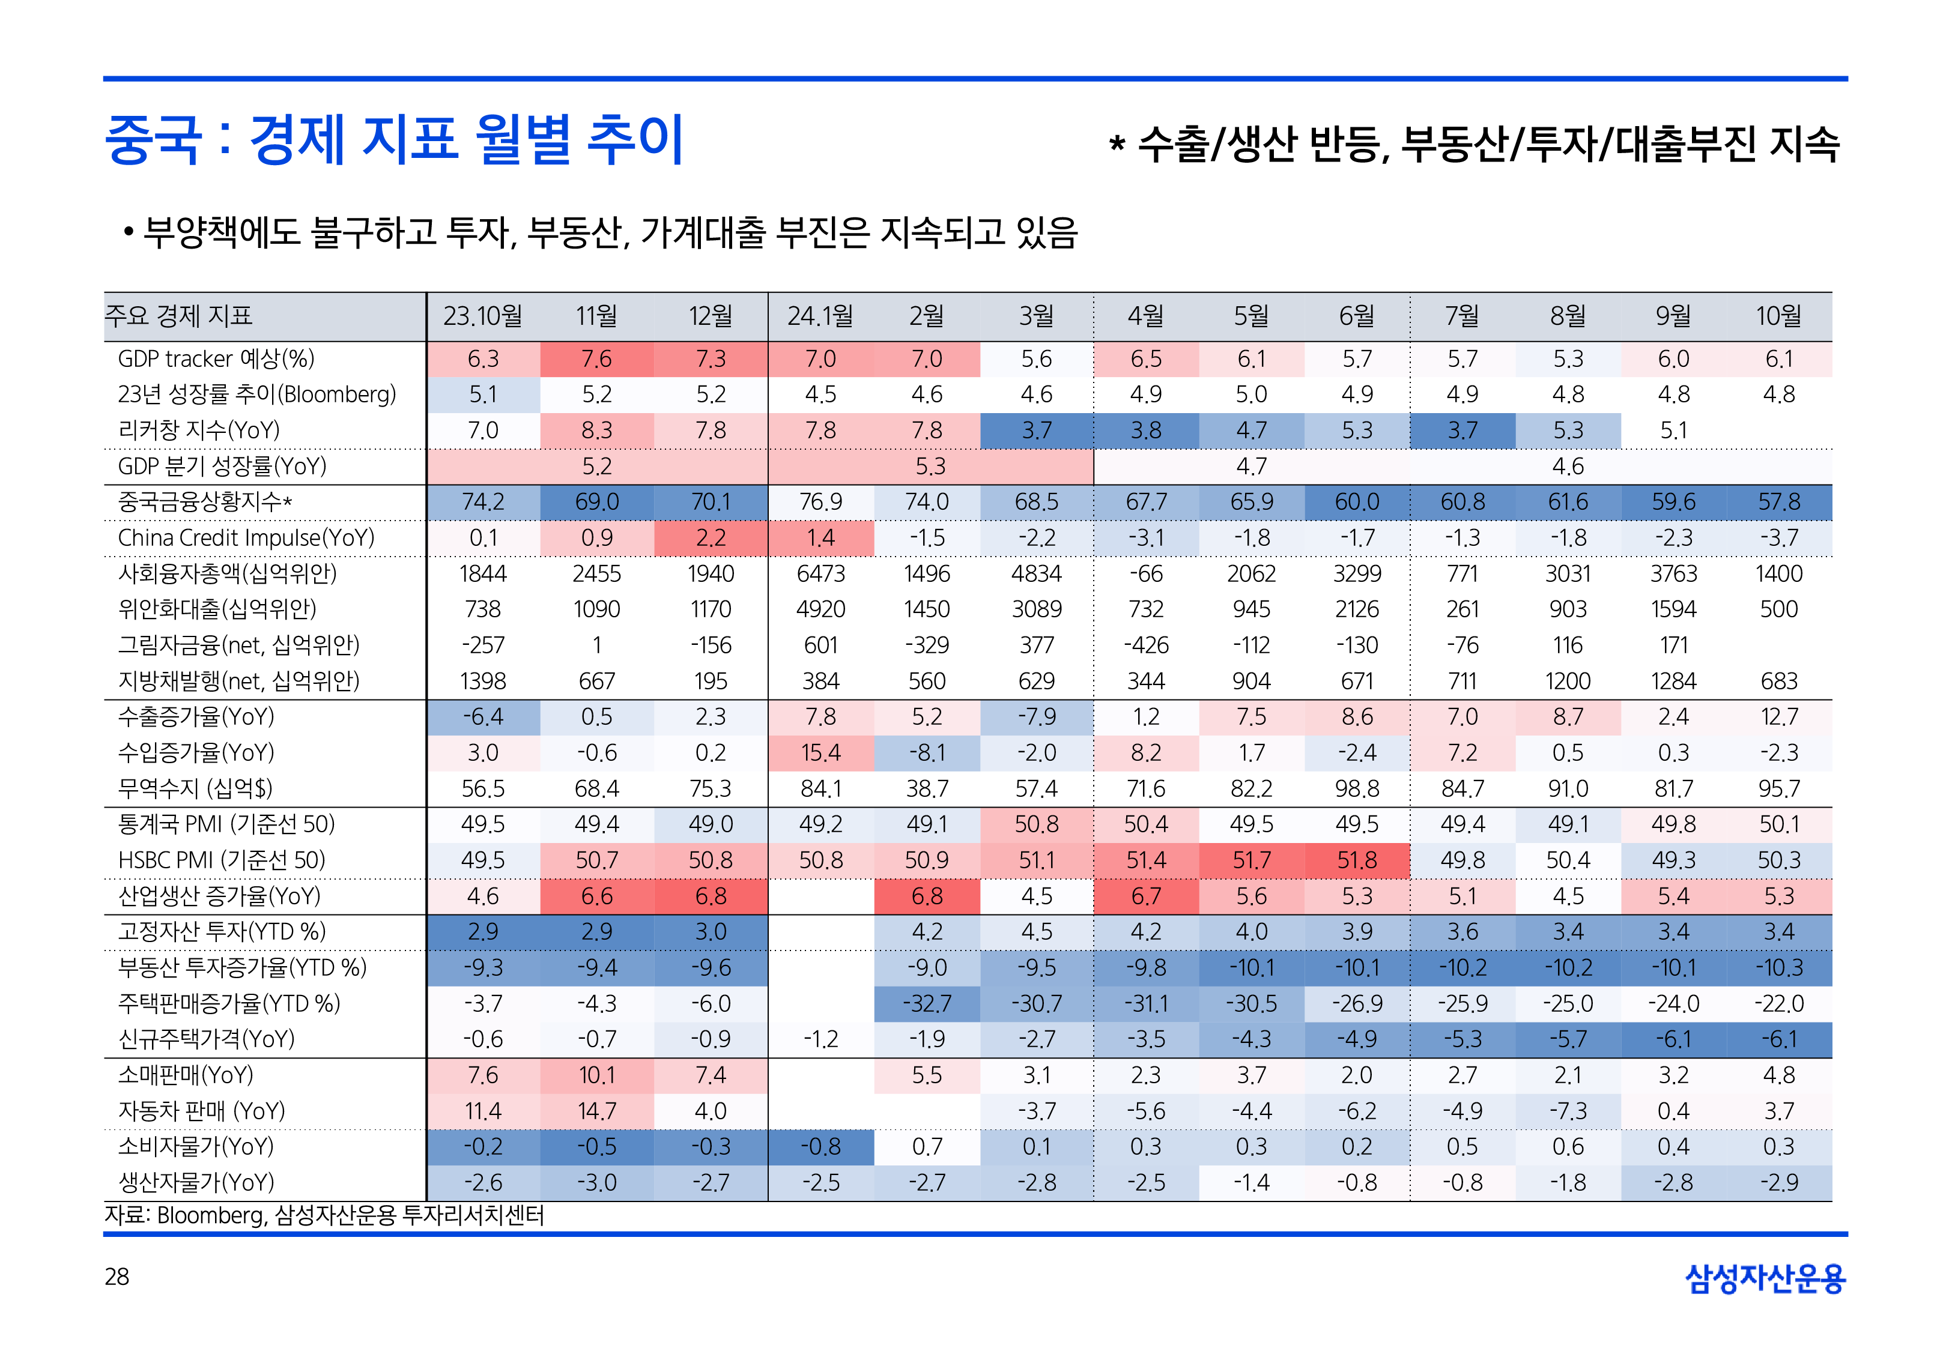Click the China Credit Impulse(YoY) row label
(246, 537)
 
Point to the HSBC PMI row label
(221, 860)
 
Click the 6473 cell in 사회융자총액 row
(820, 574)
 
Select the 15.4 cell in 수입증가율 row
(820, 752)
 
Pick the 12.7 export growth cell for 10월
(1778, 717)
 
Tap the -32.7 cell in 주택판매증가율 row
(926, 1004)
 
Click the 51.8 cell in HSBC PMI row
(1356, 860)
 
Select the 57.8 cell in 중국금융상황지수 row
(1778, 502)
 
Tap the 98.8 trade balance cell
(1356, 789)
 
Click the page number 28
(117, 1277)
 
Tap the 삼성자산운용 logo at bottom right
(1765, 1278)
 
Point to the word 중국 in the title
(153, 140)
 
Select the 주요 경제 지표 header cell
(178, 316)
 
